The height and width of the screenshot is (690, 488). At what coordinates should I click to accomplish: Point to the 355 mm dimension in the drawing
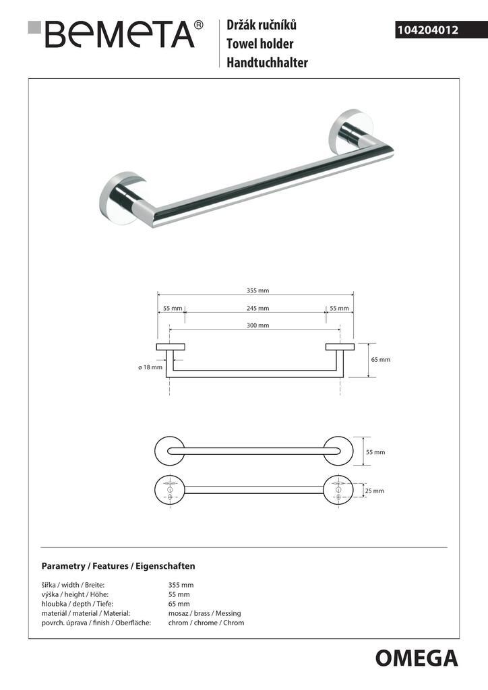(257, 290)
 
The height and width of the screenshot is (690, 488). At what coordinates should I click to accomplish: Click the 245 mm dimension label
(257, 308)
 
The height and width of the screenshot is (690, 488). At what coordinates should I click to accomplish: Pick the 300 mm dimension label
(257, 325)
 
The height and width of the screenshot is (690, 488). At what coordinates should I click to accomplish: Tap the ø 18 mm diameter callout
(150, 367)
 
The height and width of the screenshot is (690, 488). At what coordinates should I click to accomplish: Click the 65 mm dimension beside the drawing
(381, 360)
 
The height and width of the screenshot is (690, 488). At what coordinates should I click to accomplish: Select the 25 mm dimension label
(374, 491)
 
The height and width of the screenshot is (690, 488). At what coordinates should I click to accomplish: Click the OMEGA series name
(416, 658)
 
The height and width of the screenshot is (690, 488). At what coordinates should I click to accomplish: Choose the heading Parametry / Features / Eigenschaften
(118, 566)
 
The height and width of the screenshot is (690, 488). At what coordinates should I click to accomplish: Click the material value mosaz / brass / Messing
(204, 613)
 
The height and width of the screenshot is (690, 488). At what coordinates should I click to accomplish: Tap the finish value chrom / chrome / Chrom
(206, 623)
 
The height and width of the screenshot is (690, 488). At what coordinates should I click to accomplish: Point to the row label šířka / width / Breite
(73, 585)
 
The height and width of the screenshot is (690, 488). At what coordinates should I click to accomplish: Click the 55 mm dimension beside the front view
(375, 452)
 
